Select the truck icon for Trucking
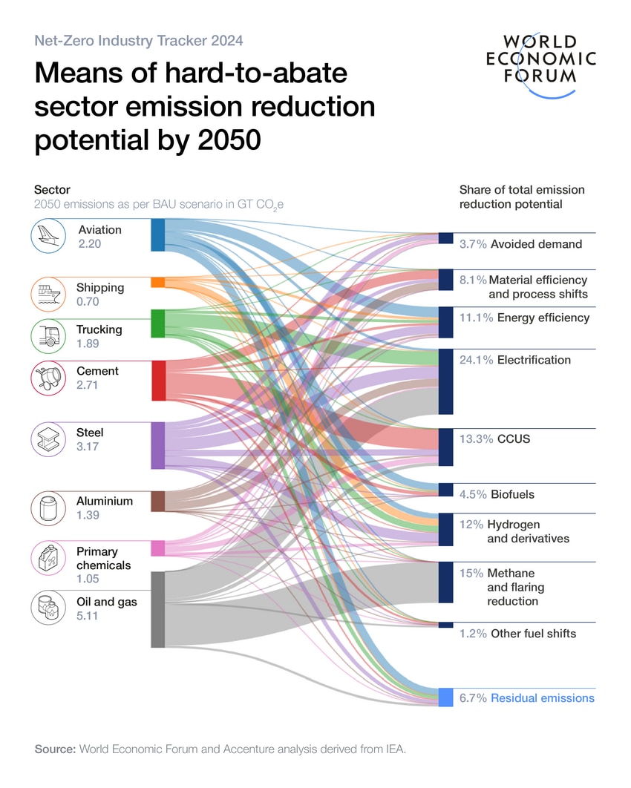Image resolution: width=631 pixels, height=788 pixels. (x=50, y=335)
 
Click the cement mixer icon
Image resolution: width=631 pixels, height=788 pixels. (x=50, y=378)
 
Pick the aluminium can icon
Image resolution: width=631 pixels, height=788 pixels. (x=50, y=508)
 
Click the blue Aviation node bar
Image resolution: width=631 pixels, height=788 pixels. (x=157, y=234)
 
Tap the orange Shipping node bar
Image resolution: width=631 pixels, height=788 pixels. (x=157, y=283)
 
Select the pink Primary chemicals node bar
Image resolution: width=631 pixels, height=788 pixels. (x=157, y=548)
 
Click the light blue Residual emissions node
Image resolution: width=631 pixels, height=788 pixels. (x=445, y=697)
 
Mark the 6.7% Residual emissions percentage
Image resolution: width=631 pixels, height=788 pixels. (x=473, y=698)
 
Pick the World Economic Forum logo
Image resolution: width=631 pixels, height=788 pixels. (x=540, y=62)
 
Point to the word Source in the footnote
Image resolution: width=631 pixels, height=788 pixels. (x=54, y=749)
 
